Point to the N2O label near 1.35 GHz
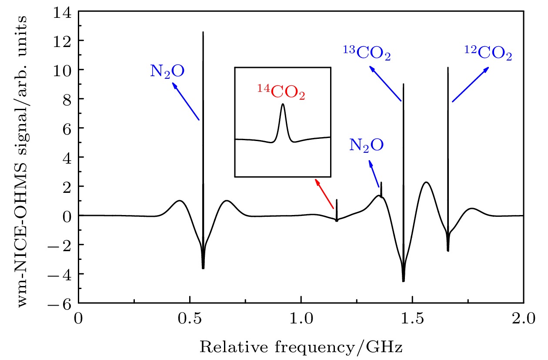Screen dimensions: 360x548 367,145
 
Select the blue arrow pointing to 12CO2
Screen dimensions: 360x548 470,84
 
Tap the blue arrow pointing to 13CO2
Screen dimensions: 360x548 385,84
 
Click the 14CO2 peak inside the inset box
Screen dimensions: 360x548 283,105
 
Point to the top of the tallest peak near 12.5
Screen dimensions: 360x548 203,32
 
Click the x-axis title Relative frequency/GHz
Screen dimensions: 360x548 301,347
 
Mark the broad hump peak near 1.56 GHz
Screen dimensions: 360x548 426,182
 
